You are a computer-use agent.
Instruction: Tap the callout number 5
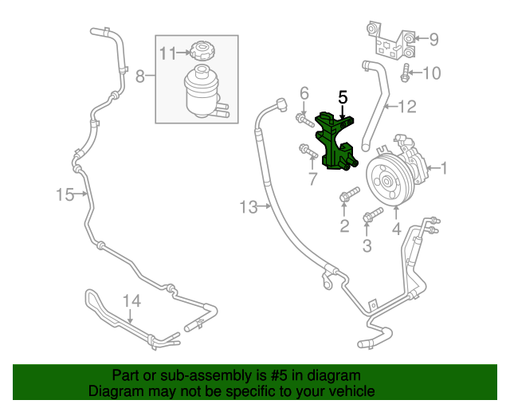(x=343, y=98)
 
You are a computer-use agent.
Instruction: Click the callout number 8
(x=140, y=76)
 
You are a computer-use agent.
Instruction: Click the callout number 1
(x=444, y=168)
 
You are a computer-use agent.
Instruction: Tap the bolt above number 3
(x=371, y=216)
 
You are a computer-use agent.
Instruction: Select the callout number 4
(x=396, y=231)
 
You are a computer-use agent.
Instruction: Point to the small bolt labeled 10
(x=406, y=73)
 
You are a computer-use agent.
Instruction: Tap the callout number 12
(x=407, y=104)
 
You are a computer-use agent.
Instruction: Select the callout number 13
(x=249, y=208)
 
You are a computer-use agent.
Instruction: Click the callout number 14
(x=131, y=301)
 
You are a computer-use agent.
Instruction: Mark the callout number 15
(x=65, y=194)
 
